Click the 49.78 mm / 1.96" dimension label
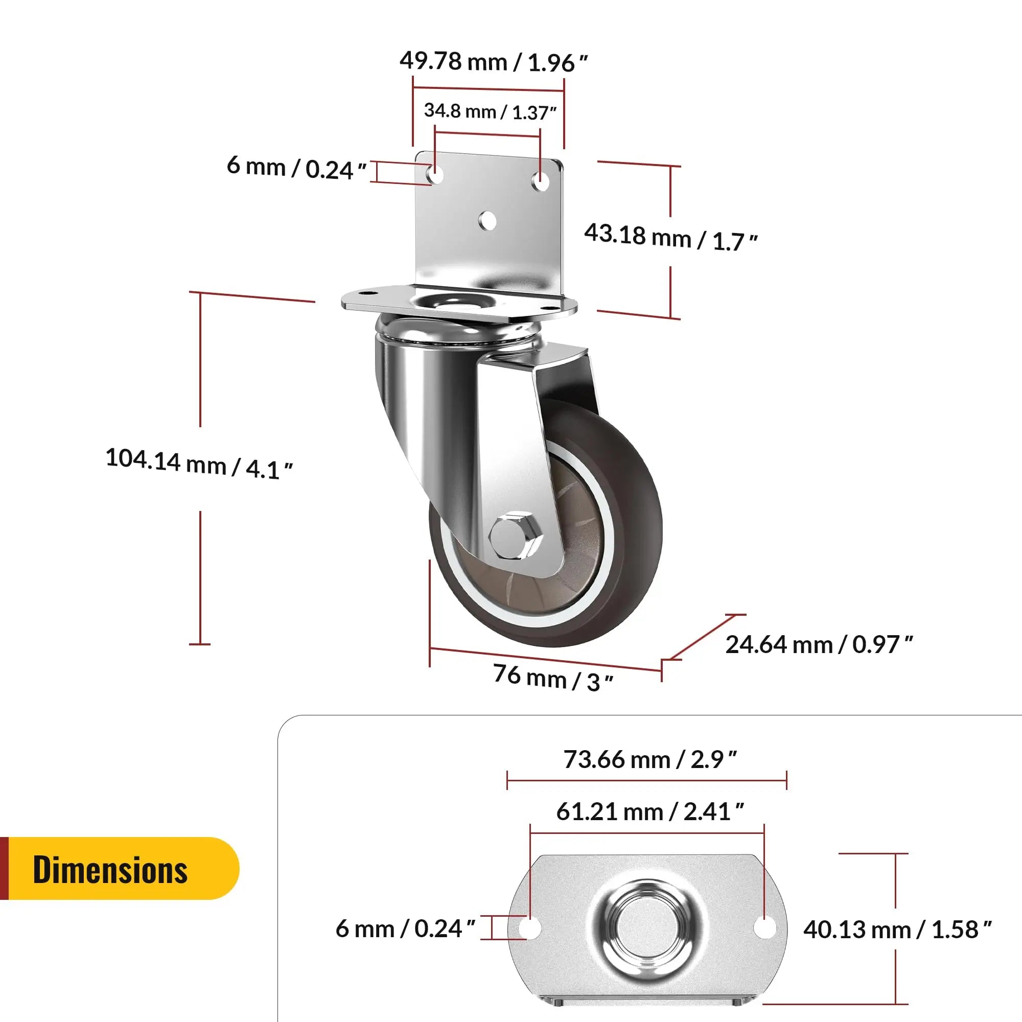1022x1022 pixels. (x=493, y=62)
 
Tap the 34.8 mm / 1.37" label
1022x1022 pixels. (x=490, y=111)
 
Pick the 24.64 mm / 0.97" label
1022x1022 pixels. (x=819, y=644)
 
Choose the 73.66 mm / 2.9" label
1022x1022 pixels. (x=649, y=760)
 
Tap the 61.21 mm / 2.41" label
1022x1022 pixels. (x=649, y=811)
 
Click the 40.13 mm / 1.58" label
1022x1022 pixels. (x=897, y=930)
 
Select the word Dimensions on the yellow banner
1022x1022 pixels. (x=110, y=870)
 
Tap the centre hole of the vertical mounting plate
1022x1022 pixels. (x=487, y=221)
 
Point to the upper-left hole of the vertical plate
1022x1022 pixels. (x=436, y=174)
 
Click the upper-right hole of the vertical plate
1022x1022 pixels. (x=540, y=180)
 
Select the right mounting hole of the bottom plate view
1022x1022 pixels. (x=764, y=927)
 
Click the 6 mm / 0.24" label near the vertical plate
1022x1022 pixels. (x=296, y=168)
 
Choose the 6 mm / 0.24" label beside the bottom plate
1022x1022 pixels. (x=405, y=929)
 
